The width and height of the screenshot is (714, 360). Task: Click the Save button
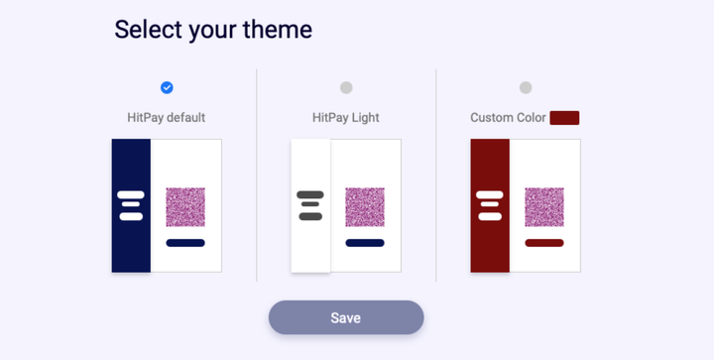(x=346, y=317)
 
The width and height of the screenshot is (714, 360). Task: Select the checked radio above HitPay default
(x=167, y=87)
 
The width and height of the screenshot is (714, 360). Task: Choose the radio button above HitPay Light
(x=346, y=87)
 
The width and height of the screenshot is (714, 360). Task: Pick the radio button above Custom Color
(x=526, y=87)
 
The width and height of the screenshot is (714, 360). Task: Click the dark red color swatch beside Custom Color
(x=564, y=118)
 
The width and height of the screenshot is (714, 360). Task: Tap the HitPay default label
(x=167, y=118)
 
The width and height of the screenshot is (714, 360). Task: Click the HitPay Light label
(x=346, y=118)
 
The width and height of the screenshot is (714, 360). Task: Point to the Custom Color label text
(x=508, y=118)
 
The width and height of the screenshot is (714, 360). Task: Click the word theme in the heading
(x=277, y=30)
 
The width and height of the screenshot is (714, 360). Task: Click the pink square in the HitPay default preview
(x=185, y=207)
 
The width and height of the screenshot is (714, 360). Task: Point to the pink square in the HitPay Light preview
(x=365, y=207)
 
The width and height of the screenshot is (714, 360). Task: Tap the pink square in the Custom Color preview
(x=544, y=207)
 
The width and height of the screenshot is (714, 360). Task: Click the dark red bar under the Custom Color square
(x=544, y=243)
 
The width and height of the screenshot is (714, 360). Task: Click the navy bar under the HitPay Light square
(x=365, y=243)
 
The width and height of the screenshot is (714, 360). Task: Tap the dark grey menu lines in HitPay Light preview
(x=310, y=205)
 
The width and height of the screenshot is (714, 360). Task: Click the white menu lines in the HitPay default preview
(x=131, y=205)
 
